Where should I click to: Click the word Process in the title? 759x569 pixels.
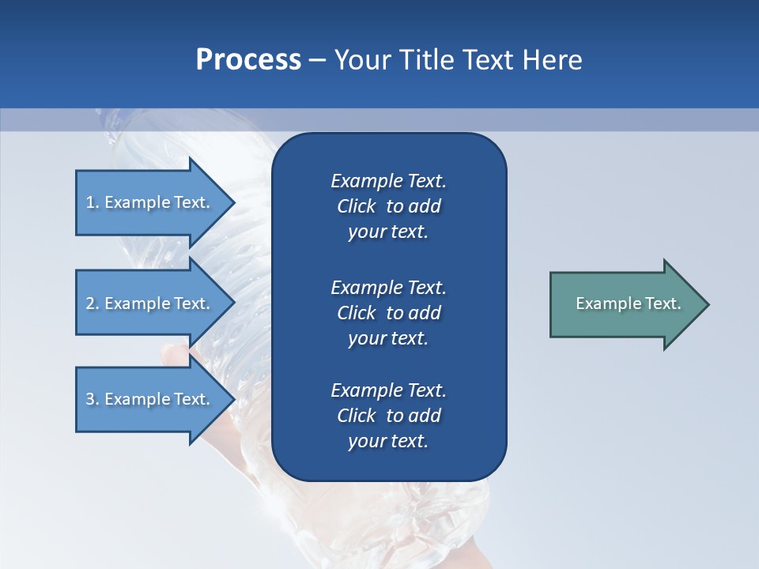pos(248,60)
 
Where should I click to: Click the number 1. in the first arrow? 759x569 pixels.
pos(92,202)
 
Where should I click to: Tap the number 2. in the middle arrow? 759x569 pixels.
pos(92,303)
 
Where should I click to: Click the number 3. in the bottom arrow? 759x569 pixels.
pos(92,399)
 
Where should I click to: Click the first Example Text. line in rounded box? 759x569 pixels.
pos(388,181)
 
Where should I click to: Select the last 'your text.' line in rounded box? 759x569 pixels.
pos(388,441)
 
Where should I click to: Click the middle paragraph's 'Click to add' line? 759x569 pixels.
pos(388,313)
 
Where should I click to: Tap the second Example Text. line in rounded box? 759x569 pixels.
pos(388,287)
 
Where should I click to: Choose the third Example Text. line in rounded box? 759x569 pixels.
pos(388,390)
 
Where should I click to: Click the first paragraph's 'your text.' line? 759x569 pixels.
pos(388,232)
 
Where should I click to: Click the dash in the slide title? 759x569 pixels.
pos(317,60)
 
